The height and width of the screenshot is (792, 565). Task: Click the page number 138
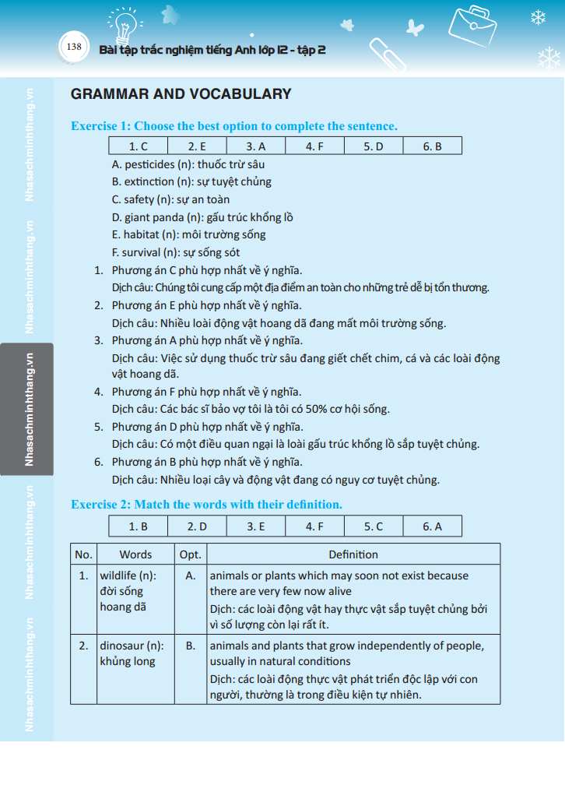click(75, 47)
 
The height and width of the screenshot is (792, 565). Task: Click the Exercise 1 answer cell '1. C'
click(138, 146)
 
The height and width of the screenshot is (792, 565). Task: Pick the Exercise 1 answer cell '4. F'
click(314, 146)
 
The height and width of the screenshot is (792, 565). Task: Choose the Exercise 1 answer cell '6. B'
click(432, 146)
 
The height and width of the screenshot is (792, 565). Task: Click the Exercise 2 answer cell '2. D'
click(197, 526)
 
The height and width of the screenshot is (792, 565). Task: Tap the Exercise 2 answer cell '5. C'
click(374, 526)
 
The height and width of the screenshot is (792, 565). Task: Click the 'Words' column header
click(135, 554)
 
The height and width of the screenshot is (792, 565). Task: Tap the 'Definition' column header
click(353, 554)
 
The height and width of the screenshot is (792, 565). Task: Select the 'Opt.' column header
click(191, 554)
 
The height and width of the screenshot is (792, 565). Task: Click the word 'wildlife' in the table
click(118, 576)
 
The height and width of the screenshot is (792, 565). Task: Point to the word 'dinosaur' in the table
click(120, 646)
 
